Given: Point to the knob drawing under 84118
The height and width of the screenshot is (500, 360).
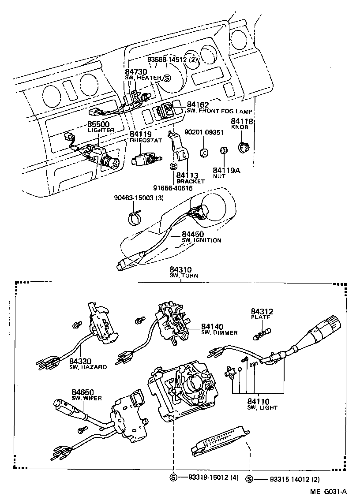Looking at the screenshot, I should (243, 147).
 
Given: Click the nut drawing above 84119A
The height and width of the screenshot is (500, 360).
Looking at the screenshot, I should (223, 151).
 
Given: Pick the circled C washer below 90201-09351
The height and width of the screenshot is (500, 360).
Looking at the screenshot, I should (204, 152).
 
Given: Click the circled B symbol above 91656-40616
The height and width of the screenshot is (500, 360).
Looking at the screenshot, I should (173, 166).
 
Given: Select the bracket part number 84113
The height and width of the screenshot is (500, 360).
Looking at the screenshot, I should (187, 175).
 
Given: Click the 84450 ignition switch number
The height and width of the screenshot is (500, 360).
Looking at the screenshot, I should (193, 234).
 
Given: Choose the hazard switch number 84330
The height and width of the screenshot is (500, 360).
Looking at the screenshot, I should (81, 362).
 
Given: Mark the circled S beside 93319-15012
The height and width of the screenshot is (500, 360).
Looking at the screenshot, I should (173, 477).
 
